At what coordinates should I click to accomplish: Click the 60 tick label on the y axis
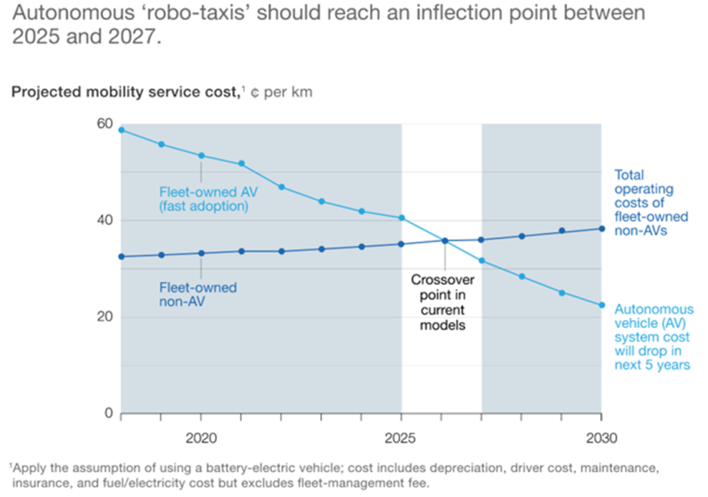coord(104,124)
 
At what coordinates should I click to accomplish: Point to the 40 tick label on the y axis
coord(104,221)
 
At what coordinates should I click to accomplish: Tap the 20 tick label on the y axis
coord(104,317)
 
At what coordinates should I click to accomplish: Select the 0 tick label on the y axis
coord(109,413)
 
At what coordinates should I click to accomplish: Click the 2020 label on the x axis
coord(201,438)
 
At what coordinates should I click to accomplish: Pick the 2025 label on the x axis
coord(400,438)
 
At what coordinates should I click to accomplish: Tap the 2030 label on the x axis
coord(601,438)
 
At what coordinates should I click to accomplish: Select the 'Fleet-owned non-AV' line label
coord(198,294)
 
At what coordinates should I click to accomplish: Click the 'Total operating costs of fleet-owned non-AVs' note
coord(651,203)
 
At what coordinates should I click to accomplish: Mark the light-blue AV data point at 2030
coord(602,305)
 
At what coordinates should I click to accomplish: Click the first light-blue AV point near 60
coord(121,130)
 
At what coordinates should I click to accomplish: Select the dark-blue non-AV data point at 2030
coord(602,229)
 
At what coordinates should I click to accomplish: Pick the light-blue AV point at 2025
coord(401,218)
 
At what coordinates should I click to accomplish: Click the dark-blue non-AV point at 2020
coord(201,253)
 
